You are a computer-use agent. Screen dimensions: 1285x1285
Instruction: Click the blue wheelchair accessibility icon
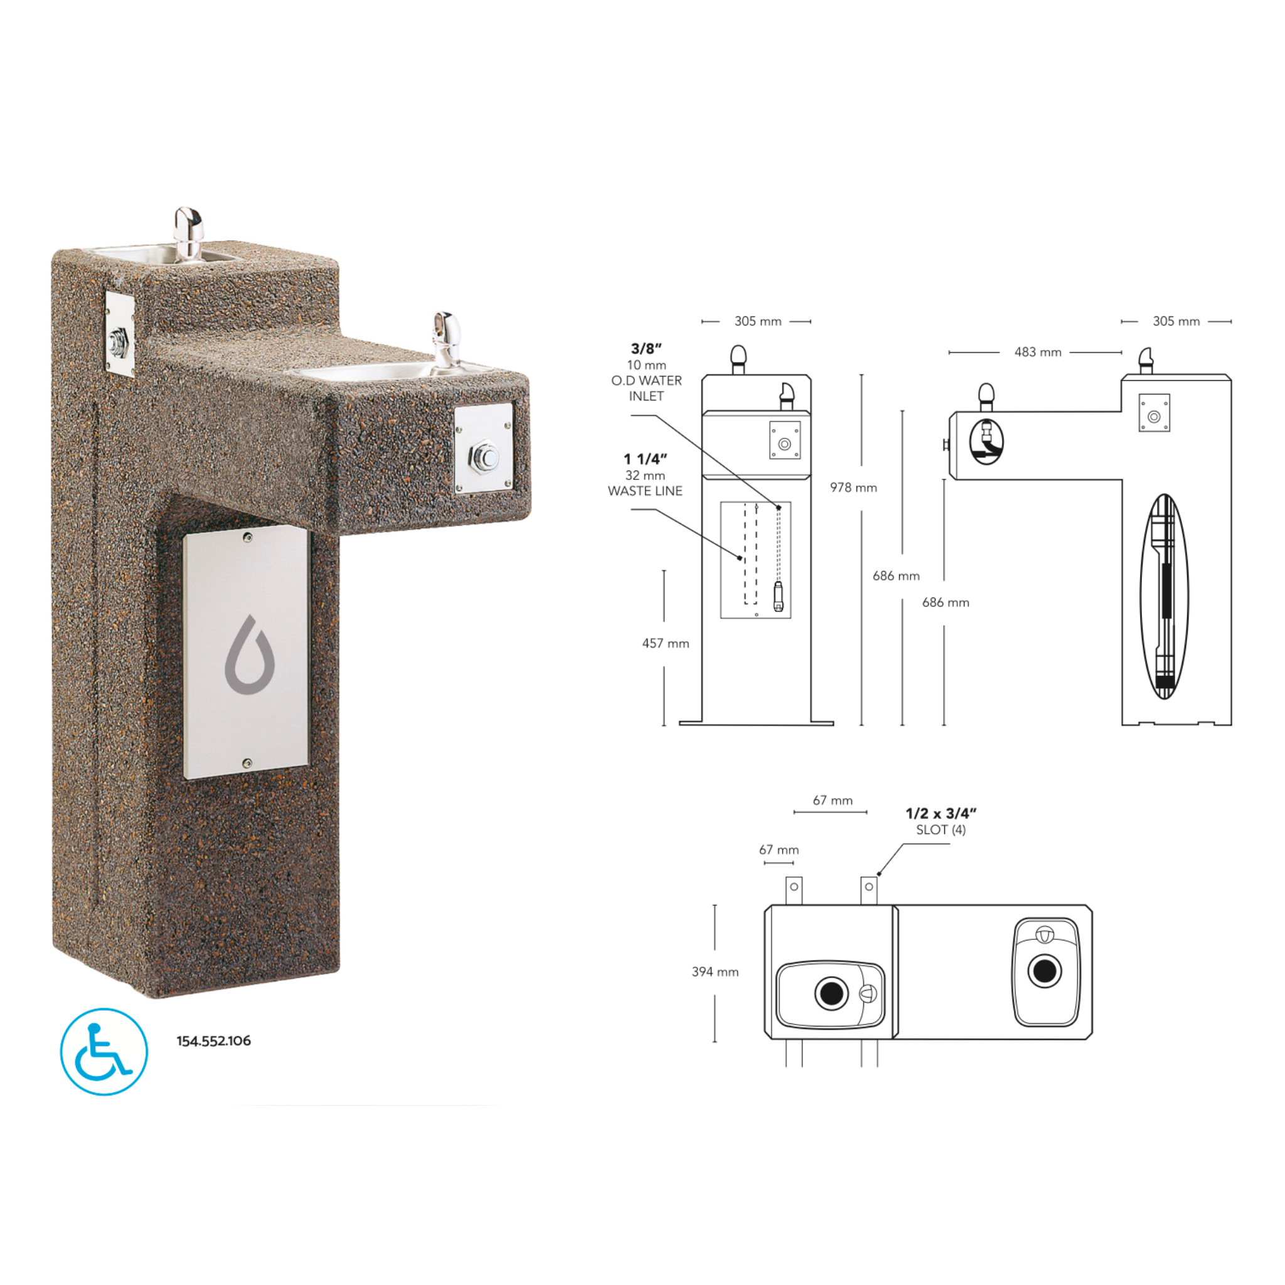pos(104,1052)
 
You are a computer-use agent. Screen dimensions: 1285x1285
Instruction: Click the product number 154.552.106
pos(213,1041)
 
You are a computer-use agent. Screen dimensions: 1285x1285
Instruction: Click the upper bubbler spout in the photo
pos(188,230)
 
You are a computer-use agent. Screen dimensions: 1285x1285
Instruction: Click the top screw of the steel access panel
pos(247,538)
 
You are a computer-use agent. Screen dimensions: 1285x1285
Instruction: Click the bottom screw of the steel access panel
pos(247,763)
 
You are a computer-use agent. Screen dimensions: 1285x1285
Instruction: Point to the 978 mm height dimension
pos(853,488)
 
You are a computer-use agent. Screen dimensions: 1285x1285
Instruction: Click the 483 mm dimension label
pos(1037,353)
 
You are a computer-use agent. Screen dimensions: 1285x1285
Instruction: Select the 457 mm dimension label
pos(665,643)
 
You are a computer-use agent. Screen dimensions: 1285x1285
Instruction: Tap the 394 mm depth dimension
pos(715,972)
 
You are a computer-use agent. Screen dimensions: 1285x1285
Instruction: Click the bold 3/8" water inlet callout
pos(646,348)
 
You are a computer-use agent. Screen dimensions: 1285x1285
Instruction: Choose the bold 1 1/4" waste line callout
pos(644,459)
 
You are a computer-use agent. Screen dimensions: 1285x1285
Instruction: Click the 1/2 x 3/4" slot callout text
pos(941,813)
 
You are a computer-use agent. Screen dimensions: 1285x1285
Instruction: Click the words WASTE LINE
pos(644,491)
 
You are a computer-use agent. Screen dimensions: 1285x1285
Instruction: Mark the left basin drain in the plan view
pos(831,994)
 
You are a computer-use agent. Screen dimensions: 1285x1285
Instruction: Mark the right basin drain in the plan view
pos(1044,971)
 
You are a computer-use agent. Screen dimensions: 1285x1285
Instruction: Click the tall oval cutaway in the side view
pos(1164,597)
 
